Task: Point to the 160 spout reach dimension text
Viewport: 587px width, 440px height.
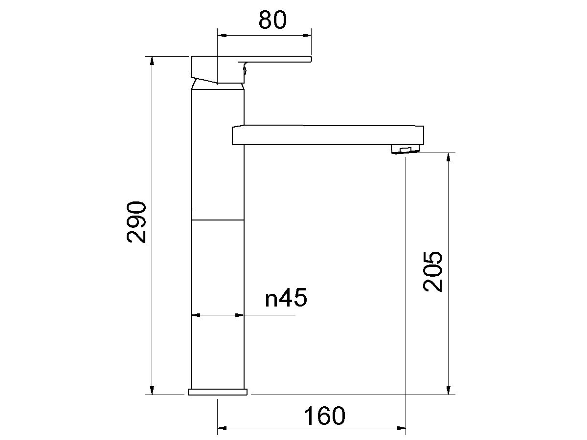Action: (x=324, y=416)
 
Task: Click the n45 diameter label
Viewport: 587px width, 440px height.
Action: (x=286, y=298)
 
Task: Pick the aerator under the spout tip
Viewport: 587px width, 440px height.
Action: (x=406, y=150)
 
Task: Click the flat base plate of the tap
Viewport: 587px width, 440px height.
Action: (x=218, y=392)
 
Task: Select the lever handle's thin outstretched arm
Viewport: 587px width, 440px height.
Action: (x=279, y=60)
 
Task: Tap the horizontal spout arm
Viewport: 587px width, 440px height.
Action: (x=328, y=135)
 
